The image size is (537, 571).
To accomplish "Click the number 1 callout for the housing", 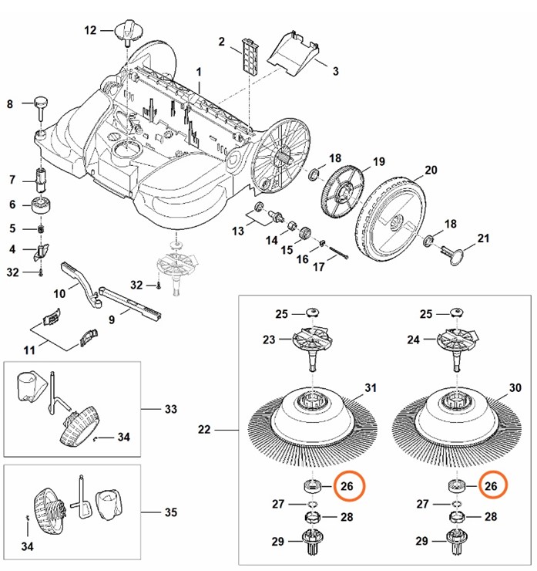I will click(199, 71).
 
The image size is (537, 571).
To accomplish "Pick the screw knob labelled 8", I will click(39, 103).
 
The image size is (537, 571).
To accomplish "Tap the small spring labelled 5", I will click(41, 228).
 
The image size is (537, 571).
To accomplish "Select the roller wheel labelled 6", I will click(40, 205).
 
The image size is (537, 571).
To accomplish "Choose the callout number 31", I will click(370, 387).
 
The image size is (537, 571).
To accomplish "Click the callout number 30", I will click(516, 387).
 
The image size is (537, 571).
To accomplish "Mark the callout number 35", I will click(171, 512).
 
